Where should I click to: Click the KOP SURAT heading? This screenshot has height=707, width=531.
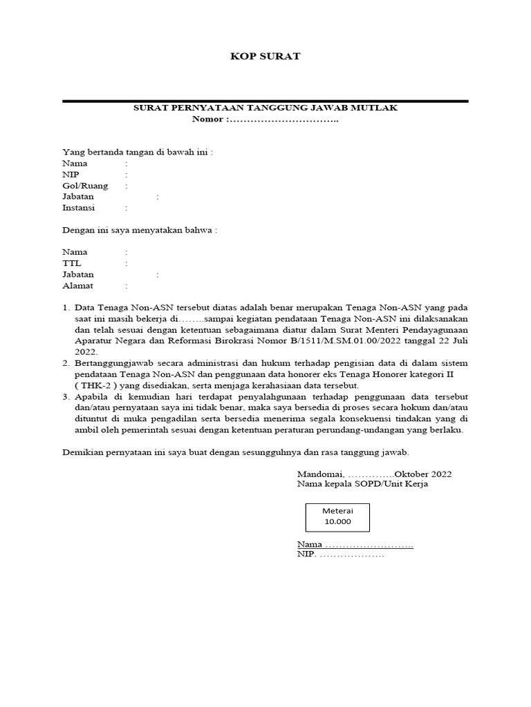click(x=265, y=56)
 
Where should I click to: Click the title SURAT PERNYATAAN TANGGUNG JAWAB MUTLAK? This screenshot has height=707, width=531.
click(x=265, y=108)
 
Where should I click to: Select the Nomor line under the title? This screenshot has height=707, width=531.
click(x=265, y=119)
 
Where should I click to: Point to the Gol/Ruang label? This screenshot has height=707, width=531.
click(x=80, y=186)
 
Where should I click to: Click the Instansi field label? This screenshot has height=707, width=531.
click(x=78, y=208)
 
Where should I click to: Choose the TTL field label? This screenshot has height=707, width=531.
click(x=71, y=263)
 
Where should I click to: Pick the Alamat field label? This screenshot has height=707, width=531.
click(x=77, y=285)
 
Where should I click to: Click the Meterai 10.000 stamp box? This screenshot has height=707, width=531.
click(x=337, y=516)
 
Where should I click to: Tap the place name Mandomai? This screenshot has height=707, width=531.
click(x=320, y=474)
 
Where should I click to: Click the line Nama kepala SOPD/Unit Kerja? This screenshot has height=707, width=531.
click(x=363, y=485)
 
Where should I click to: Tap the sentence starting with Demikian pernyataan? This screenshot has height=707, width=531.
click(x=236, y=452)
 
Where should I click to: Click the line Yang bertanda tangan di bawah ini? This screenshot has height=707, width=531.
click(x=138, y=153)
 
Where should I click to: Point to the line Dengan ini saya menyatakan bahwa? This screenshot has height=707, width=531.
click(x=140, y=230)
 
